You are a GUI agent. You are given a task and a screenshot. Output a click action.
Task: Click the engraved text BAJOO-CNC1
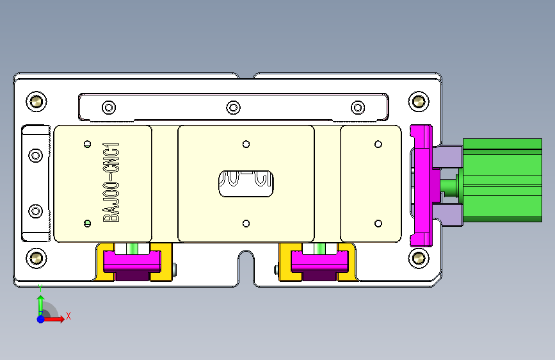[x=112, y=183]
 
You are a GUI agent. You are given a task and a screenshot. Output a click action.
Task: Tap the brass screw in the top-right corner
[x=419, y=101]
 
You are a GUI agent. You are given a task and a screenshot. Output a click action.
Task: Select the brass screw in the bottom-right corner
[x=419, y=258]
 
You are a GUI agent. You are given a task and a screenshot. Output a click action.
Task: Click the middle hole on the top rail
[x=234, y=107]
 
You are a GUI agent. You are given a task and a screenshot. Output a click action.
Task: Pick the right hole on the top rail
[x=357, y=107]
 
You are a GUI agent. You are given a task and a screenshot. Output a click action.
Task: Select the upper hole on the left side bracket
[x=36, y=155]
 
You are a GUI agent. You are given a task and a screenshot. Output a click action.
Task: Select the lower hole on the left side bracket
[x=36, y=211]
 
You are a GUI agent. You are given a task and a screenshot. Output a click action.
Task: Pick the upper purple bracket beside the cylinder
[x=449, y=156]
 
